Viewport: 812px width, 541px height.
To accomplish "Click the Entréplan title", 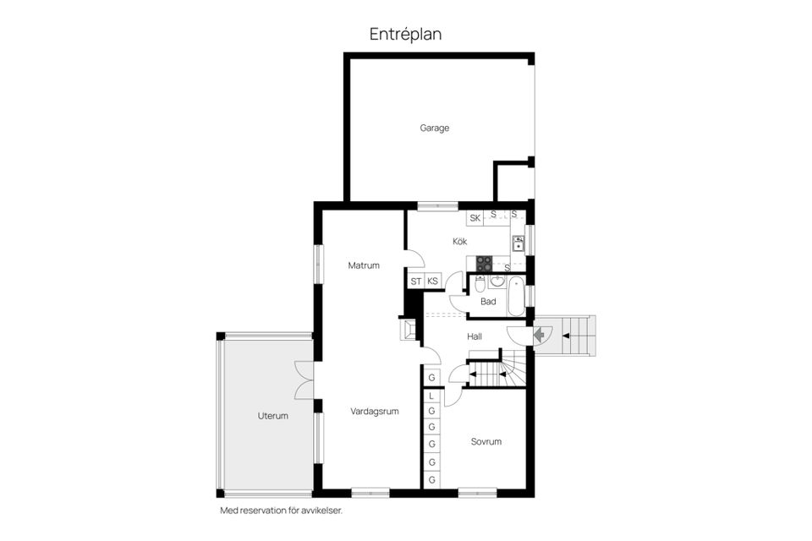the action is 405,34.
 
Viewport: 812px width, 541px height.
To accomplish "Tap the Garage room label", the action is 435,128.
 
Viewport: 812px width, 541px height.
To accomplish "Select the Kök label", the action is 460,241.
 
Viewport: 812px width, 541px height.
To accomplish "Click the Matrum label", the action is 364,265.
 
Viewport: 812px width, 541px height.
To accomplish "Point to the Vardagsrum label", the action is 375,412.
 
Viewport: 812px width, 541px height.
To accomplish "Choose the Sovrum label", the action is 486,441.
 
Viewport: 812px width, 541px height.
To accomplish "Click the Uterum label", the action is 273,416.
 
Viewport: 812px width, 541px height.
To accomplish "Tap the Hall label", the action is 475,336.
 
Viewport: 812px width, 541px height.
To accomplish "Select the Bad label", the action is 488,301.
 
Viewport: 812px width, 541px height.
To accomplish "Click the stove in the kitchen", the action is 484,264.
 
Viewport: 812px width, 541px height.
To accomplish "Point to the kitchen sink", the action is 518,243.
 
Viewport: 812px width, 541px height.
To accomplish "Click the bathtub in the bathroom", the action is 516,296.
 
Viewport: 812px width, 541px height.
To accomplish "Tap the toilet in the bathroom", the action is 480,284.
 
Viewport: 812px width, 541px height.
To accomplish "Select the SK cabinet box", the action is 475,218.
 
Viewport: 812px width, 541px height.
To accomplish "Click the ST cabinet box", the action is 416,281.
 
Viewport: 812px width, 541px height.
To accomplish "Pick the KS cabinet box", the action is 432,281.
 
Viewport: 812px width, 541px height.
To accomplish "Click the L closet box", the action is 431,396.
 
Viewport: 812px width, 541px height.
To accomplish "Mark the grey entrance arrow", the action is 539,335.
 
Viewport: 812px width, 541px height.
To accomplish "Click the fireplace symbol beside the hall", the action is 408,330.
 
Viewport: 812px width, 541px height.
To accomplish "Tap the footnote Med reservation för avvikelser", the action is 282,511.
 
